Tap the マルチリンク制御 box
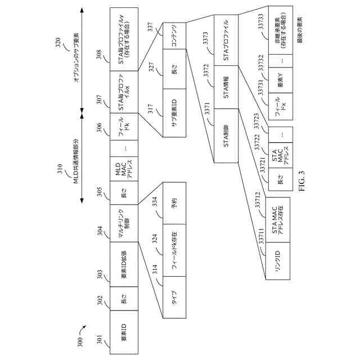click(x=123, y=231)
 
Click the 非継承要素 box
click(x=281, y=28)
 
